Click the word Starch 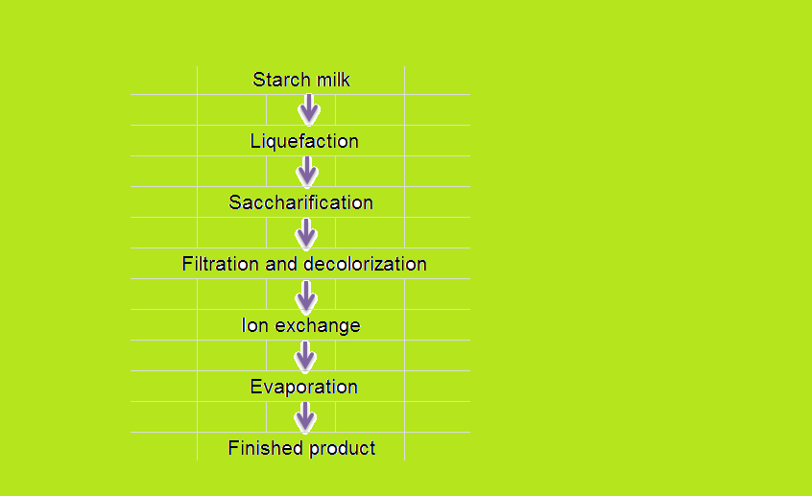(x=281, y=80)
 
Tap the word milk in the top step (x=333, y=80)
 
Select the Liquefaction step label (x=304, y=141)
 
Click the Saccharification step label (x=300, y=202)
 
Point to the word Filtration (x=220, y=264)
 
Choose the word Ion (x=254, y=325)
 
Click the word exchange (x=318, y=326)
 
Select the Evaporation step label (x=303, y=388)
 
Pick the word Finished (x=264, y=448)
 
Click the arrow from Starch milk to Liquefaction (x=309, y=109)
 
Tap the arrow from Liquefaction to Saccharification (x=307, y=172)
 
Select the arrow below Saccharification (x=306, y=233)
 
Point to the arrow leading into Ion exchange (x=306, y=296)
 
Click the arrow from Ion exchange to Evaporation (x=305, y=357)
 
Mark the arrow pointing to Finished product (x=305, y=417)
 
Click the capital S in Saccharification (x=234, y=202)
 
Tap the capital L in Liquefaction (x=255, y=141)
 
